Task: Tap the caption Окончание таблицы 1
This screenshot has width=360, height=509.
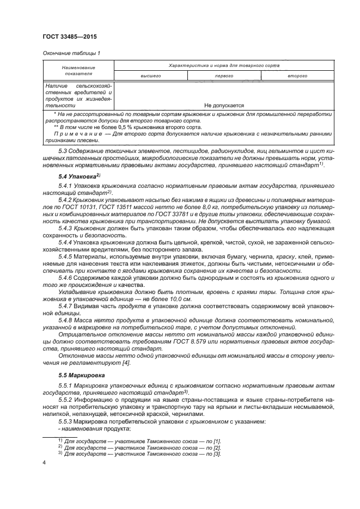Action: pos(70,52)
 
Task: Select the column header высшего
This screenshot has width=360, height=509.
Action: pos(150,76)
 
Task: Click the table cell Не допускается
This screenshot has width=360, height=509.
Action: pos(224,106)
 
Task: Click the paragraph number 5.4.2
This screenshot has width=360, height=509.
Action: pos(66,200)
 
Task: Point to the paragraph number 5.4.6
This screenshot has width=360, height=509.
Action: pos(66,277)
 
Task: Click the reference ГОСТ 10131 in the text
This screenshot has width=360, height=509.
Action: pos(94,207)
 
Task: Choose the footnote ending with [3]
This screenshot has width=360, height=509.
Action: pos(141,453)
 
